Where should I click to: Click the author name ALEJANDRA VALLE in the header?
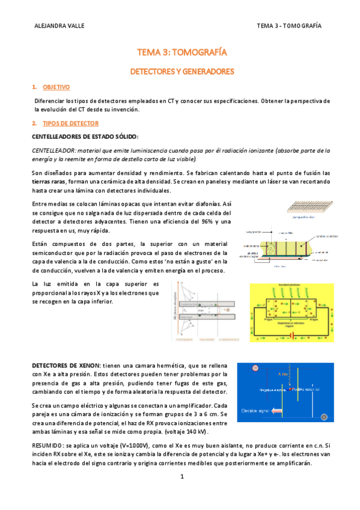(x=59, y=26)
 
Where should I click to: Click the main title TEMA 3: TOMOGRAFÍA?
(x=182, y=53)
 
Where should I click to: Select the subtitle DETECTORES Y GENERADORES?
(x=182, y=72)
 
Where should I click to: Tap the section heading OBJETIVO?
(x=56, y=87)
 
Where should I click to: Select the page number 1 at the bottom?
(x=180, y=477)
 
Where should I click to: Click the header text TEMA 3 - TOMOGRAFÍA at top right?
(x=288, y=26)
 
